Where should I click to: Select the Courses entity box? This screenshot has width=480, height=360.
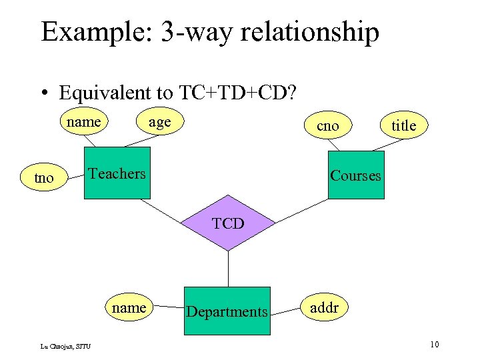[x=356, y=175]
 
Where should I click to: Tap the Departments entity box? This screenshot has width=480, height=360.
[x=227, y=311]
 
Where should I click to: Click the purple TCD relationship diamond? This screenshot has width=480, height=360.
[x=229, y=223]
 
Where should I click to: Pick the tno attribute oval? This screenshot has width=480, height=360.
[x=44, y=178]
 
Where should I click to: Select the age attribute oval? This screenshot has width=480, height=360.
[x=159, y=122]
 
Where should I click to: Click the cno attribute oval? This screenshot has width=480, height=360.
[x=327, y=125]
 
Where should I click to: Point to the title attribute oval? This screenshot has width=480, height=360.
[x=403, y=125]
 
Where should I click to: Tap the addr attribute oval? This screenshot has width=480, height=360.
[x=323, y=308]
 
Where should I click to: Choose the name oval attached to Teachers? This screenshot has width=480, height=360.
[x=84, y=122]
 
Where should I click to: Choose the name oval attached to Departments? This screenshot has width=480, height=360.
[x=129, y=307]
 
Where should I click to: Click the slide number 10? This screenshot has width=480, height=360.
[x=434, y=344]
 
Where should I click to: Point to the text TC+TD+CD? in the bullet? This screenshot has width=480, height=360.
[x=236, y=92]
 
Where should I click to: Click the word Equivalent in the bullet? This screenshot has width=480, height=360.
[x=114, y=92]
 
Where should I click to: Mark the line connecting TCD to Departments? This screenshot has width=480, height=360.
[x=229, y=269]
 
